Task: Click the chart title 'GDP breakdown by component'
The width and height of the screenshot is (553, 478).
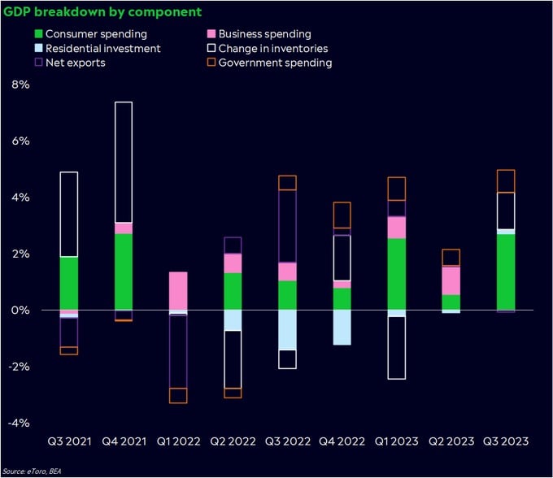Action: pyautogui.click(x=102, y=12)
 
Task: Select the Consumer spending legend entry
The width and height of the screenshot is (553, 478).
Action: pyautogui.click(x=90, y=34)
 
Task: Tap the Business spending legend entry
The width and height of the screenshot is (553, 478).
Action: pyautogui.click(x=259, y=34)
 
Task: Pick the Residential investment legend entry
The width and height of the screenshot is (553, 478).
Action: pyautogui.click(x=98, y=48)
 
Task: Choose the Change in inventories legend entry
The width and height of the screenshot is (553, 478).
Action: pyautogui.click(x=268, y=48)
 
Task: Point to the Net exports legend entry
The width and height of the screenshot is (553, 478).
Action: pyautogui.click(x=70, y=63)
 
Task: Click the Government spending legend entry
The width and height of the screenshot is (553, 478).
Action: pyautogui.click(x=270, y=63)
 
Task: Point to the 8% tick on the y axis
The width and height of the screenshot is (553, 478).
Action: pyautogui.click(x=21, y=85)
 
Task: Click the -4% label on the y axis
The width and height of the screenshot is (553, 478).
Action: pyautogui.click(x=19, y=423)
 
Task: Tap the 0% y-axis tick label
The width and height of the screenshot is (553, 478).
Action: pyautogui.click(x=20, y=311)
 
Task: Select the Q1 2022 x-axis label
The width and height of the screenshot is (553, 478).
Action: pyautogui.click(x=178, y=441)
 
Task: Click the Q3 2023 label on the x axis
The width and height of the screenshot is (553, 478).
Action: pyautogui.click(x=506, y=441)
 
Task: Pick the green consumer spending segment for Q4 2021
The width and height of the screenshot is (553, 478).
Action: pyautogui.click(x=124, y=272)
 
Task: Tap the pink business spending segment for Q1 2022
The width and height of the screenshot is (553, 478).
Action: pyautogui.click(x=178, y=291)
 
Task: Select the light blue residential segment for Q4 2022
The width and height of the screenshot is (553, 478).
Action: pyautogui.click(x=342, y=328)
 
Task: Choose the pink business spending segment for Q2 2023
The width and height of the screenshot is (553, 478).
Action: pyautogui.click(x=451, y=280)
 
